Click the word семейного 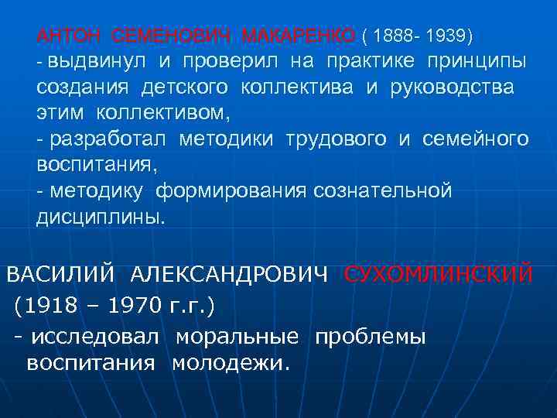[476, 139]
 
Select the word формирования [234, 191]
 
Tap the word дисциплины [101, 218]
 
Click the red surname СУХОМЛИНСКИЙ [438, 274]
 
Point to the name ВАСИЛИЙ [61, 274]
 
